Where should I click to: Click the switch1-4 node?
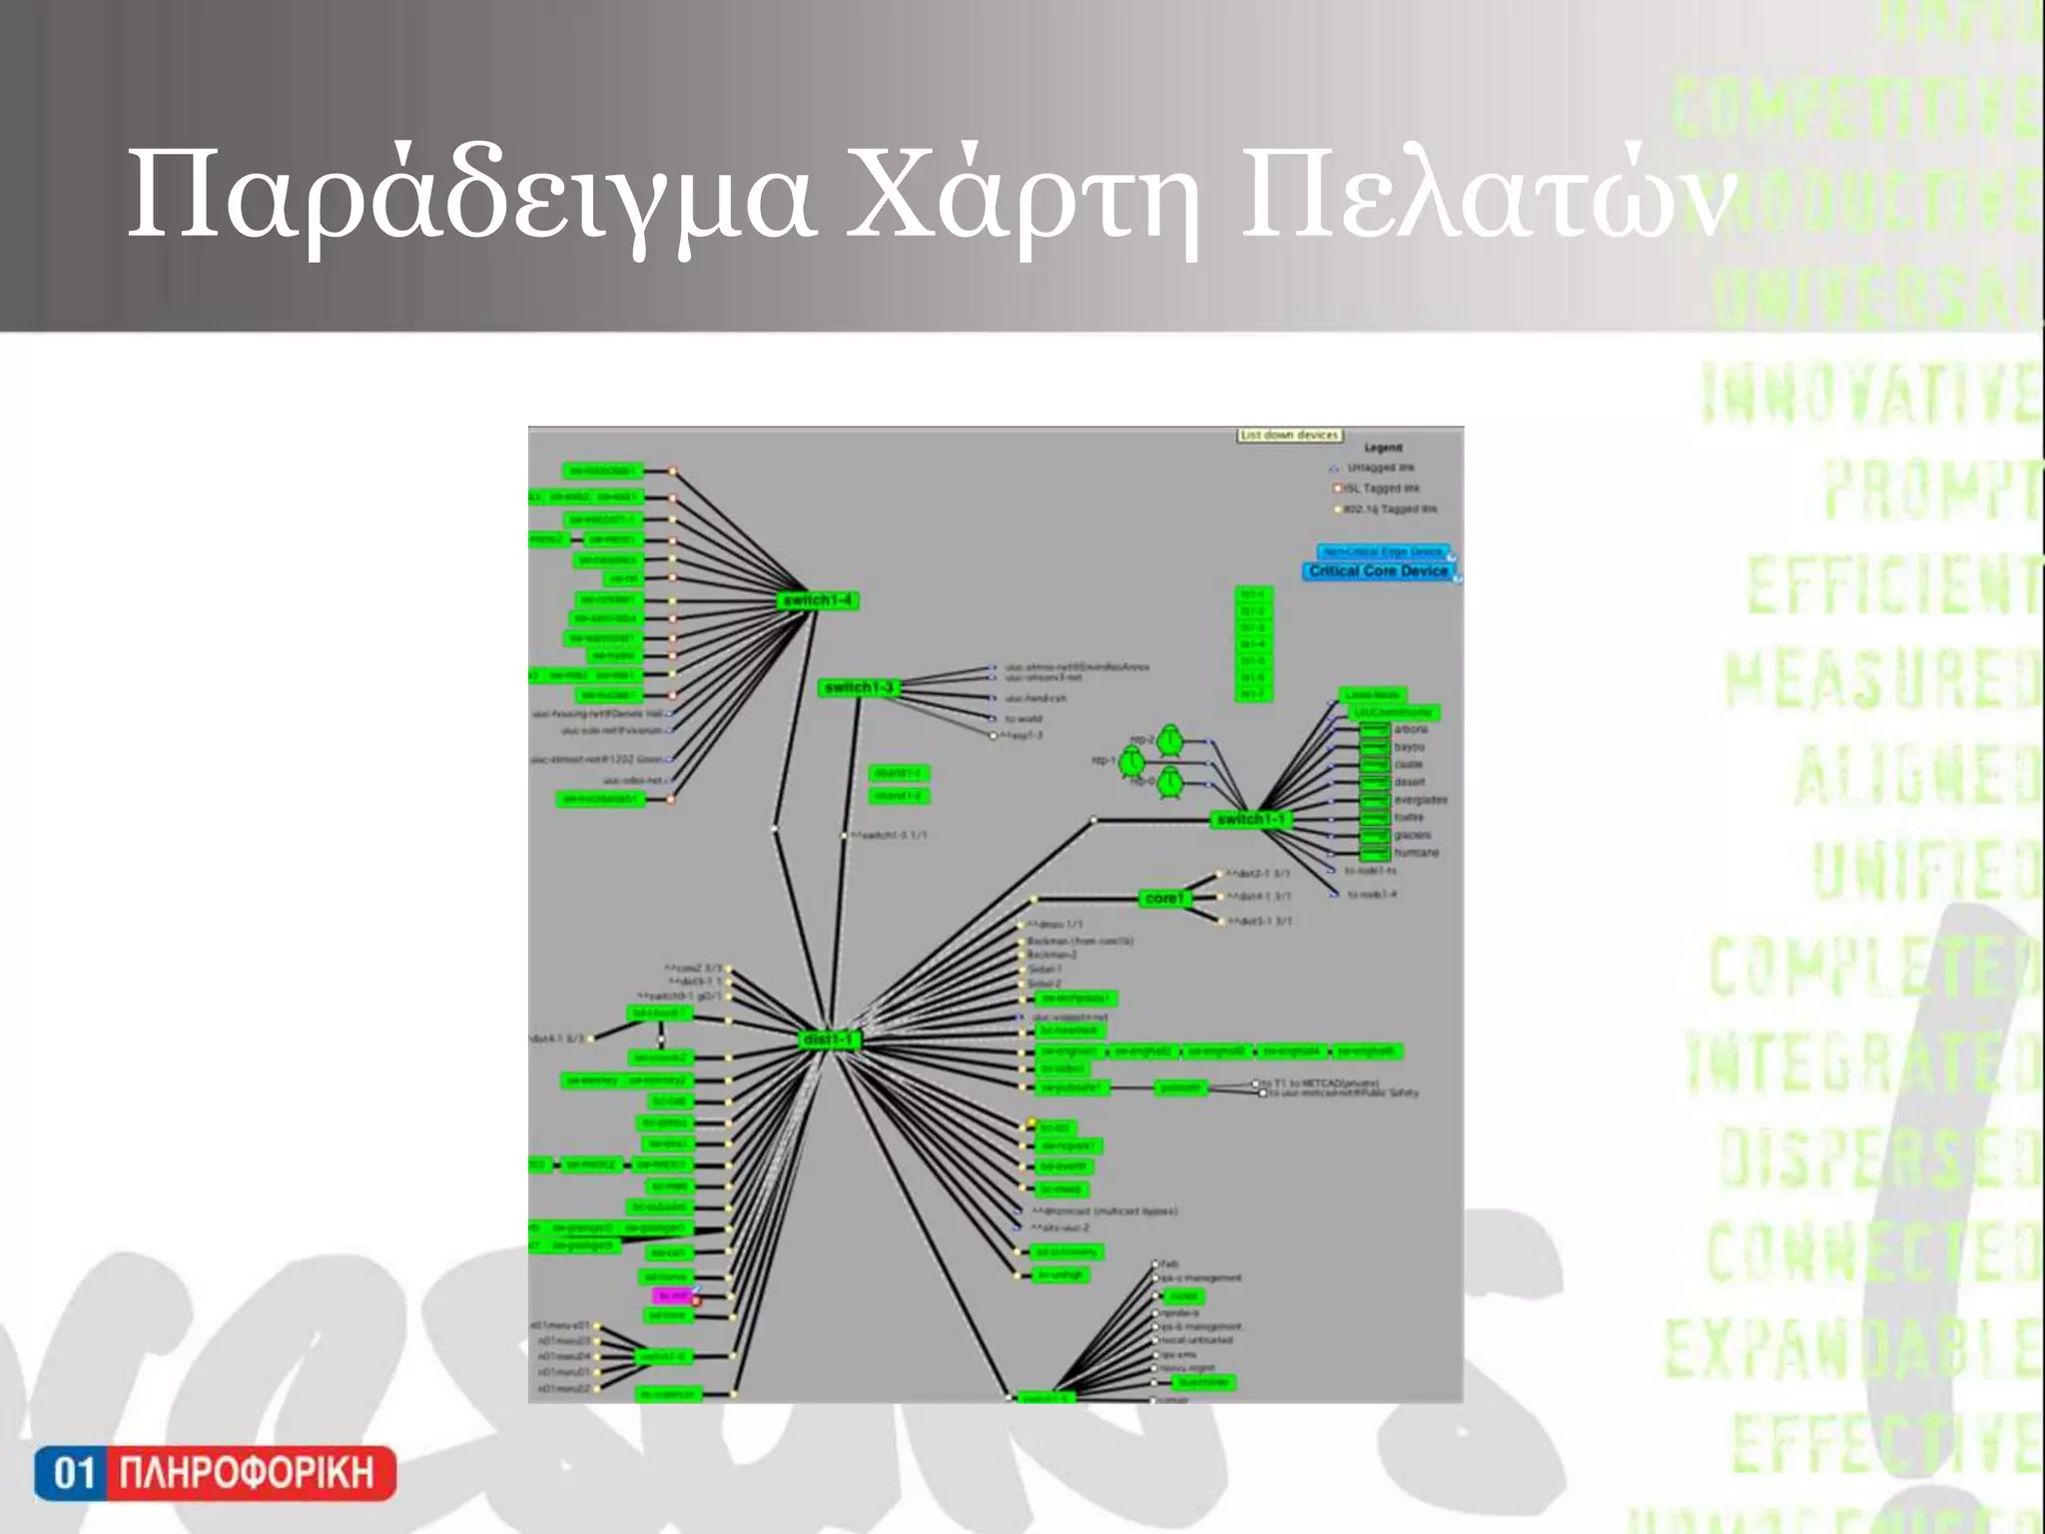point(818,600)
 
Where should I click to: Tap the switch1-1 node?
point(1250,819)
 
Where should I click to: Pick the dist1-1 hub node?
point(828,1040)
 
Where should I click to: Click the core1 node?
point(1164,898)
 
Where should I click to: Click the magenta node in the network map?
point(672,1295)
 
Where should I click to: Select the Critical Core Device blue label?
point(1378,571)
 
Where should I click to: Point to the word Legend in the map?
point(1383,447)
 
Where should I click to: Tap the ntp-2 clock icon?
point(1170,741)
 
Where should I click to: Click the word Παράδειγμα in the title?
point(469,197)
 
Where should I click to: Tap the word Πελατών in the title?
point(1488,197)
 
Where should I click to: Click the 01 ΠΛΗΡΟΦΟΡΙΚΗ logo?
point(215,1473)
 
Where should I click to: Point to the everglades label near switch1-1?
point(1420,800)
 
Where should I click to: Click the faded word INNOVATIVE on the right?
point(1869,394)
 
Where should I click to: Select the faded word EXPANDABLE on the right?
point(1852,1348)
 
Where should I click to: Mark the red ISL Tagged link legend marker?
point(1337,488)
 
